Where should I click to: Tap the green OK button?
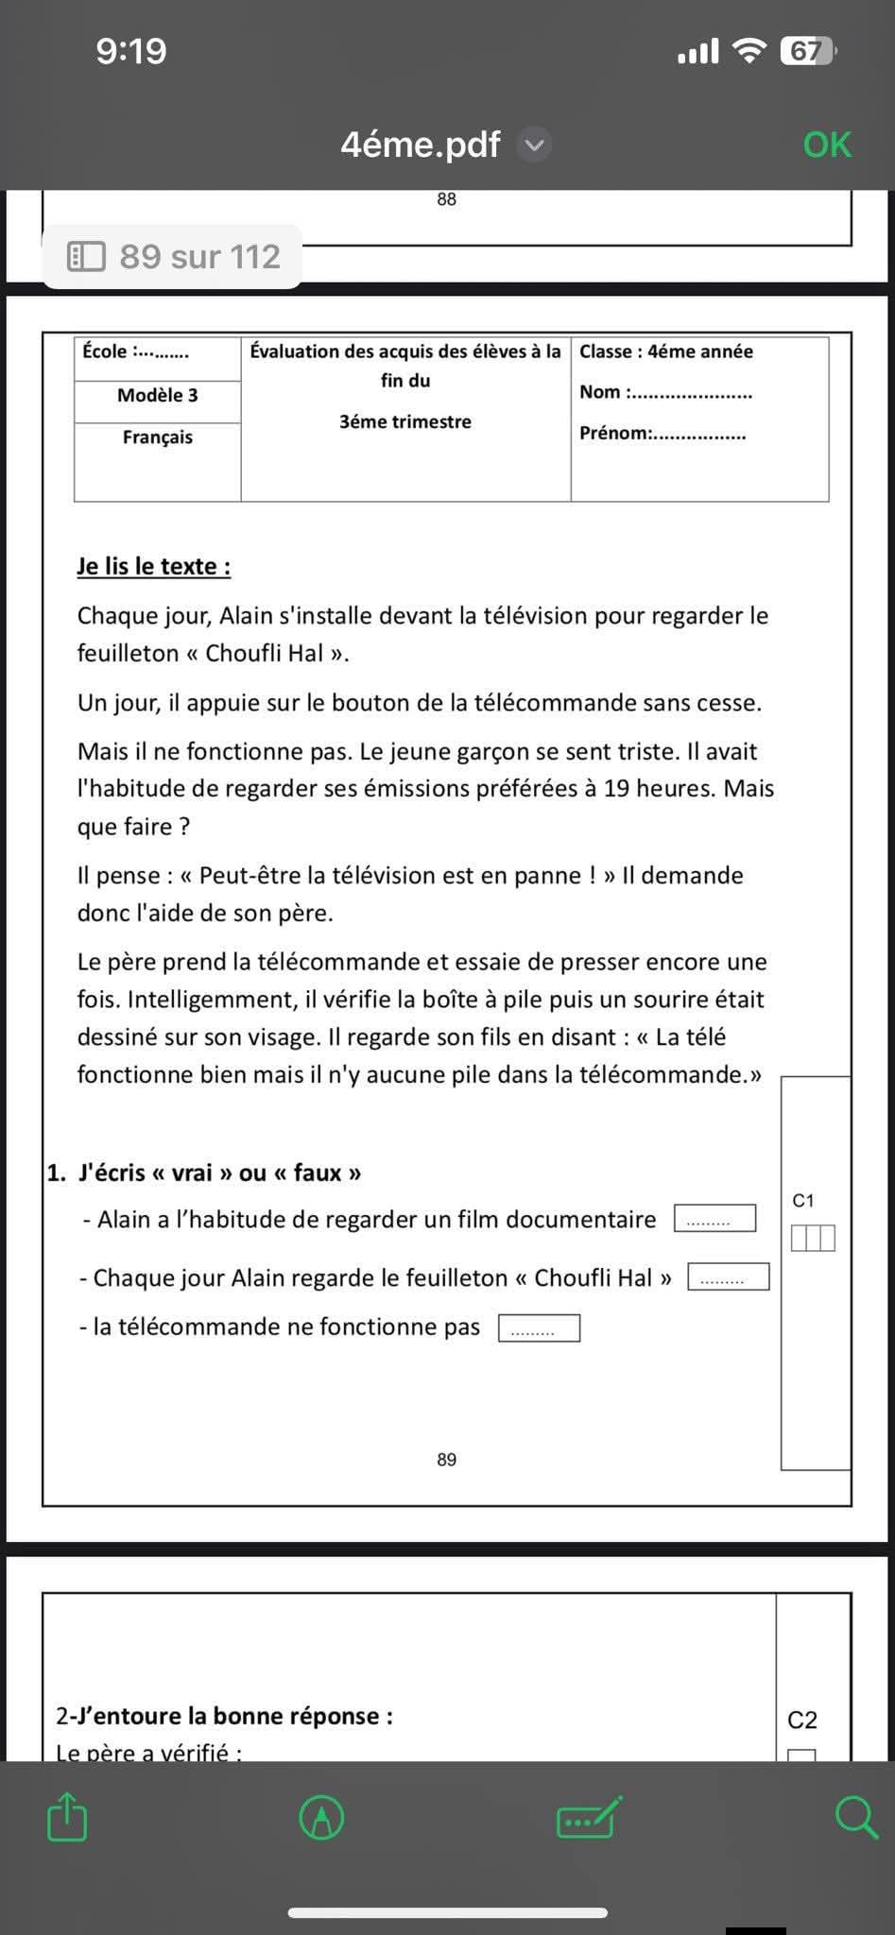point(827,145)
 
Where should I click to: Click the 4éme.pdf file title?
point(421,145)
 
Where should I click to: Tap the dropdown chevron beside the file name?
point(535,145)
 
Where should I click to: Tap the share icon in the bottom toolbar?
point(67,1817)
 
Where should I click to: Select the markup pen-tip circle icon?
point(321,1817)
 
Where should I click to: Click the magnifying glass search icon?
point(856,1817)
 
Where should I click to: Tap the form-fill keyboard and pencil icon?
point(590,1817)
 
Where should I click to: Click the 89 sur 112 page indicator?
point(174,256)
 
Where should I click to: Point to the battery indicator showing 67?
point(806,50)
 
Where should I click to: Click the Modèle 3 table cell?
point(158,396)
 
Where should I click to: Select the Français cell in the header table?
point(158,437)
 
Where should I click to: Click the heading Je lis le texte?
point(154,567)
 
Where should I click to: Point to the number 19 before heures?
point(617,789)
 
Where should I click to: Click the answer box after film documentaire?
point(714,1219)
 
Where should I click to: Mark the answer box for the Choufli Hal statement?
point(728,1277)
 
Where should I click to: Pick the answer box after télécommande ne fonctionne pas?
point(539,1328)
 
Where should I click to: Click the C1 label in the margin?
point(803,1201)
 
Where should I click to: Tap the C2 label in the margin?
point(802,1721)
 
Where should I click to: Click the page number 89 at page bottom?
point(447,1460)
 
